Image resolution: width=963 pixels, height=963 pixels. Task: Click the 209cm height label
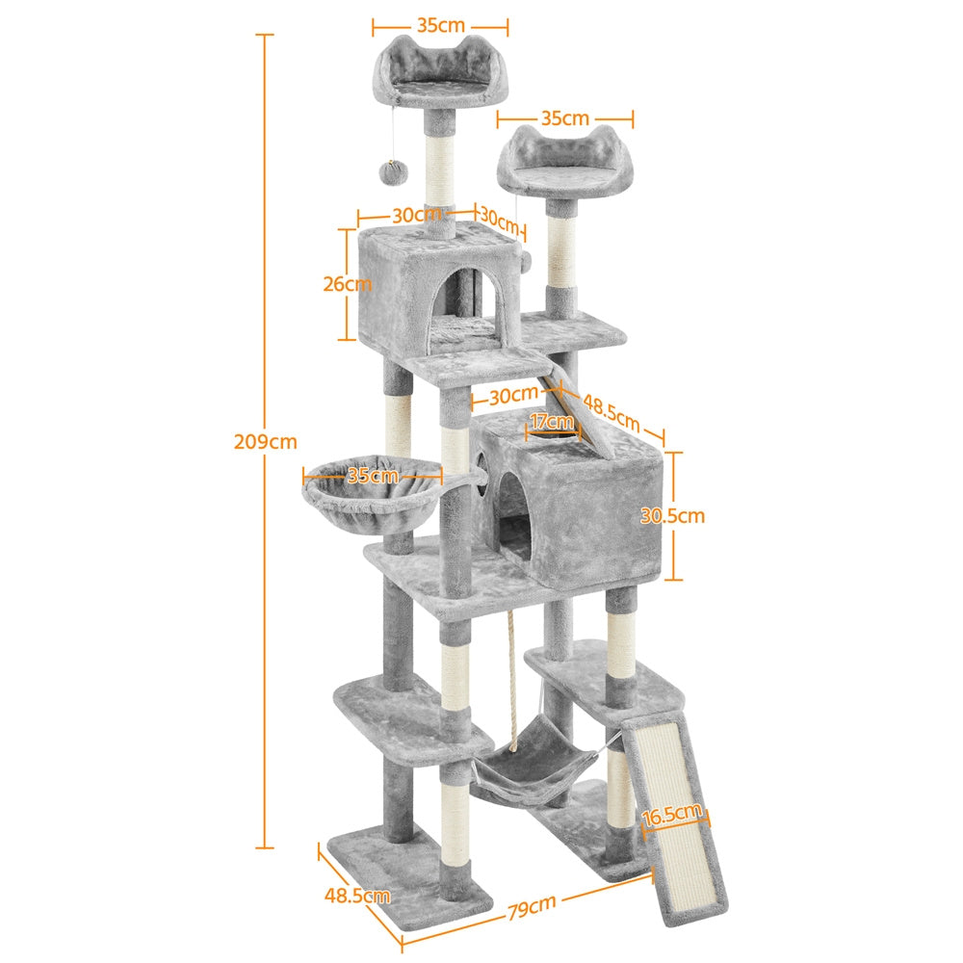pos(265,442)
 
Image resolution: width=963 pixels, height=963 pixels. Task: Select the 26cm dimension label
pos(347,284)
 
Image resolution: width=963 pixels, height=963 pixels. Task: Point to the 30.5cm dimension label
pos(672,516)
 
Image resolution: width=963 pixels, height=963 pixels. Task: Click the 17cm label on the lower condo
pos(552,421)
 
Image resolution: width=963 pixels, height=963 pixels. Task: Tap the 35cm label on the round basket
pos(373,475)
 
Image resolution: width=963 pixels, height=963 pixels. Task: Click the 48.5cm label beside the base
pos(356,896)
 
